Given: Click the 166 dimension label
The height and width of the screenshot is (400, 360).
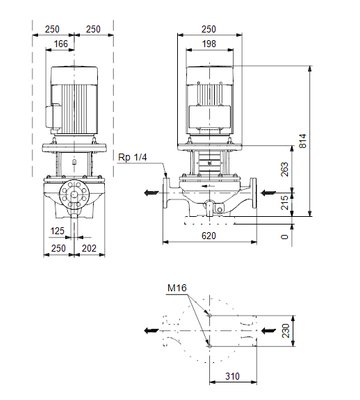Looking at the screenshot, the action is tap(61, 44).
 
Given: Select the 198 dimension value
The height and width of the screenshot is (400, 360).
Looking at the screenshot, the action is tap(209, 44).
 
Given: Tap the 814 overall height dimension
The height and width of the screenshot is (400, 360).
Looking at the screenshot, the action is tap(302, 141).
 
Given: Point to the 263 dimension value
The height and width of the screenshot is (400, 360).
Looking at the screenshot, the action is tap(284, 169).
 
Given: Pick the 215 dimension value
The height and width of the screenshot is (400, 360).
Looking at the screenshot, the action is tap(284, 203).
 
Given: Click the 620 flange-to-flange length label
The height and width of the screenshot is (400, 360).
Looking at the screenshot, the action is tap(209, 236).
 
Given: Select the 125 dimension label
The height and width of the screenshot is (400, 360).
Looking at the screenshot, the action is tap(57, 231).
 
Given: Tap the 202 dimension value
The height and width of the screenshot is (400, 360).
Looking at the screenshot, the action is tap(89, 248).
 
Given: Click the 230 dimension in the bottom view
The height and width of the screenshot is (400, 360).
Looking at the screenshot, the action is tap(286, 331).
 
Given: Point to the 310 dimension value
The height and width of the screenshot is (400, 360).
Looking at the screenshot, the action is tap(232, 376).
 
